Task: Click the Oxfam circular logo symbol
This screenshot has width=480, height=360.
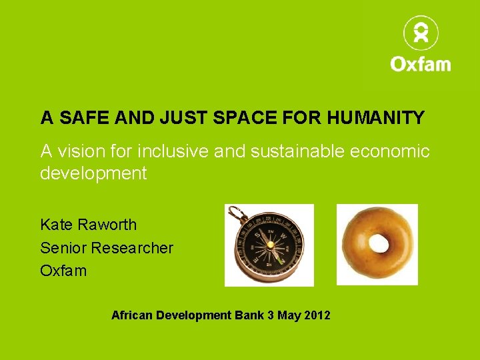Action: [421, 33]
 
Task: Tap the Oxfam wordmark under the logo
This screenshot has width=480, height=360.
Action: [421, 64]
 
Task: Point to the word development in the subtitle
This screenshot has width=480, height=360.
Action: [93, 173]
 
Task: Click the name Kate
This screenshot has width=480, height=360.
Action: [58, 225]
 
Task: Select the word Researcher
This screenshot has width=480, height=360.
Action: [132, 248]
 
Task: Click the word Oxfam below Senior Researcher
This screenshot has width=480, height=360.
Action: [63, 271]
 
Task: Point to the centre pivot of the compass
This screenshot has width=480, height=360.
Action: [270, 245]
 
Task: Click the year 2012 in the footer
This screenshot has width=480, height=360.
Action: [317, 315]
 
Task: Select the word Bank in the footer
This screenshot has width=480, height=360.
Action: [249, 315]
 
